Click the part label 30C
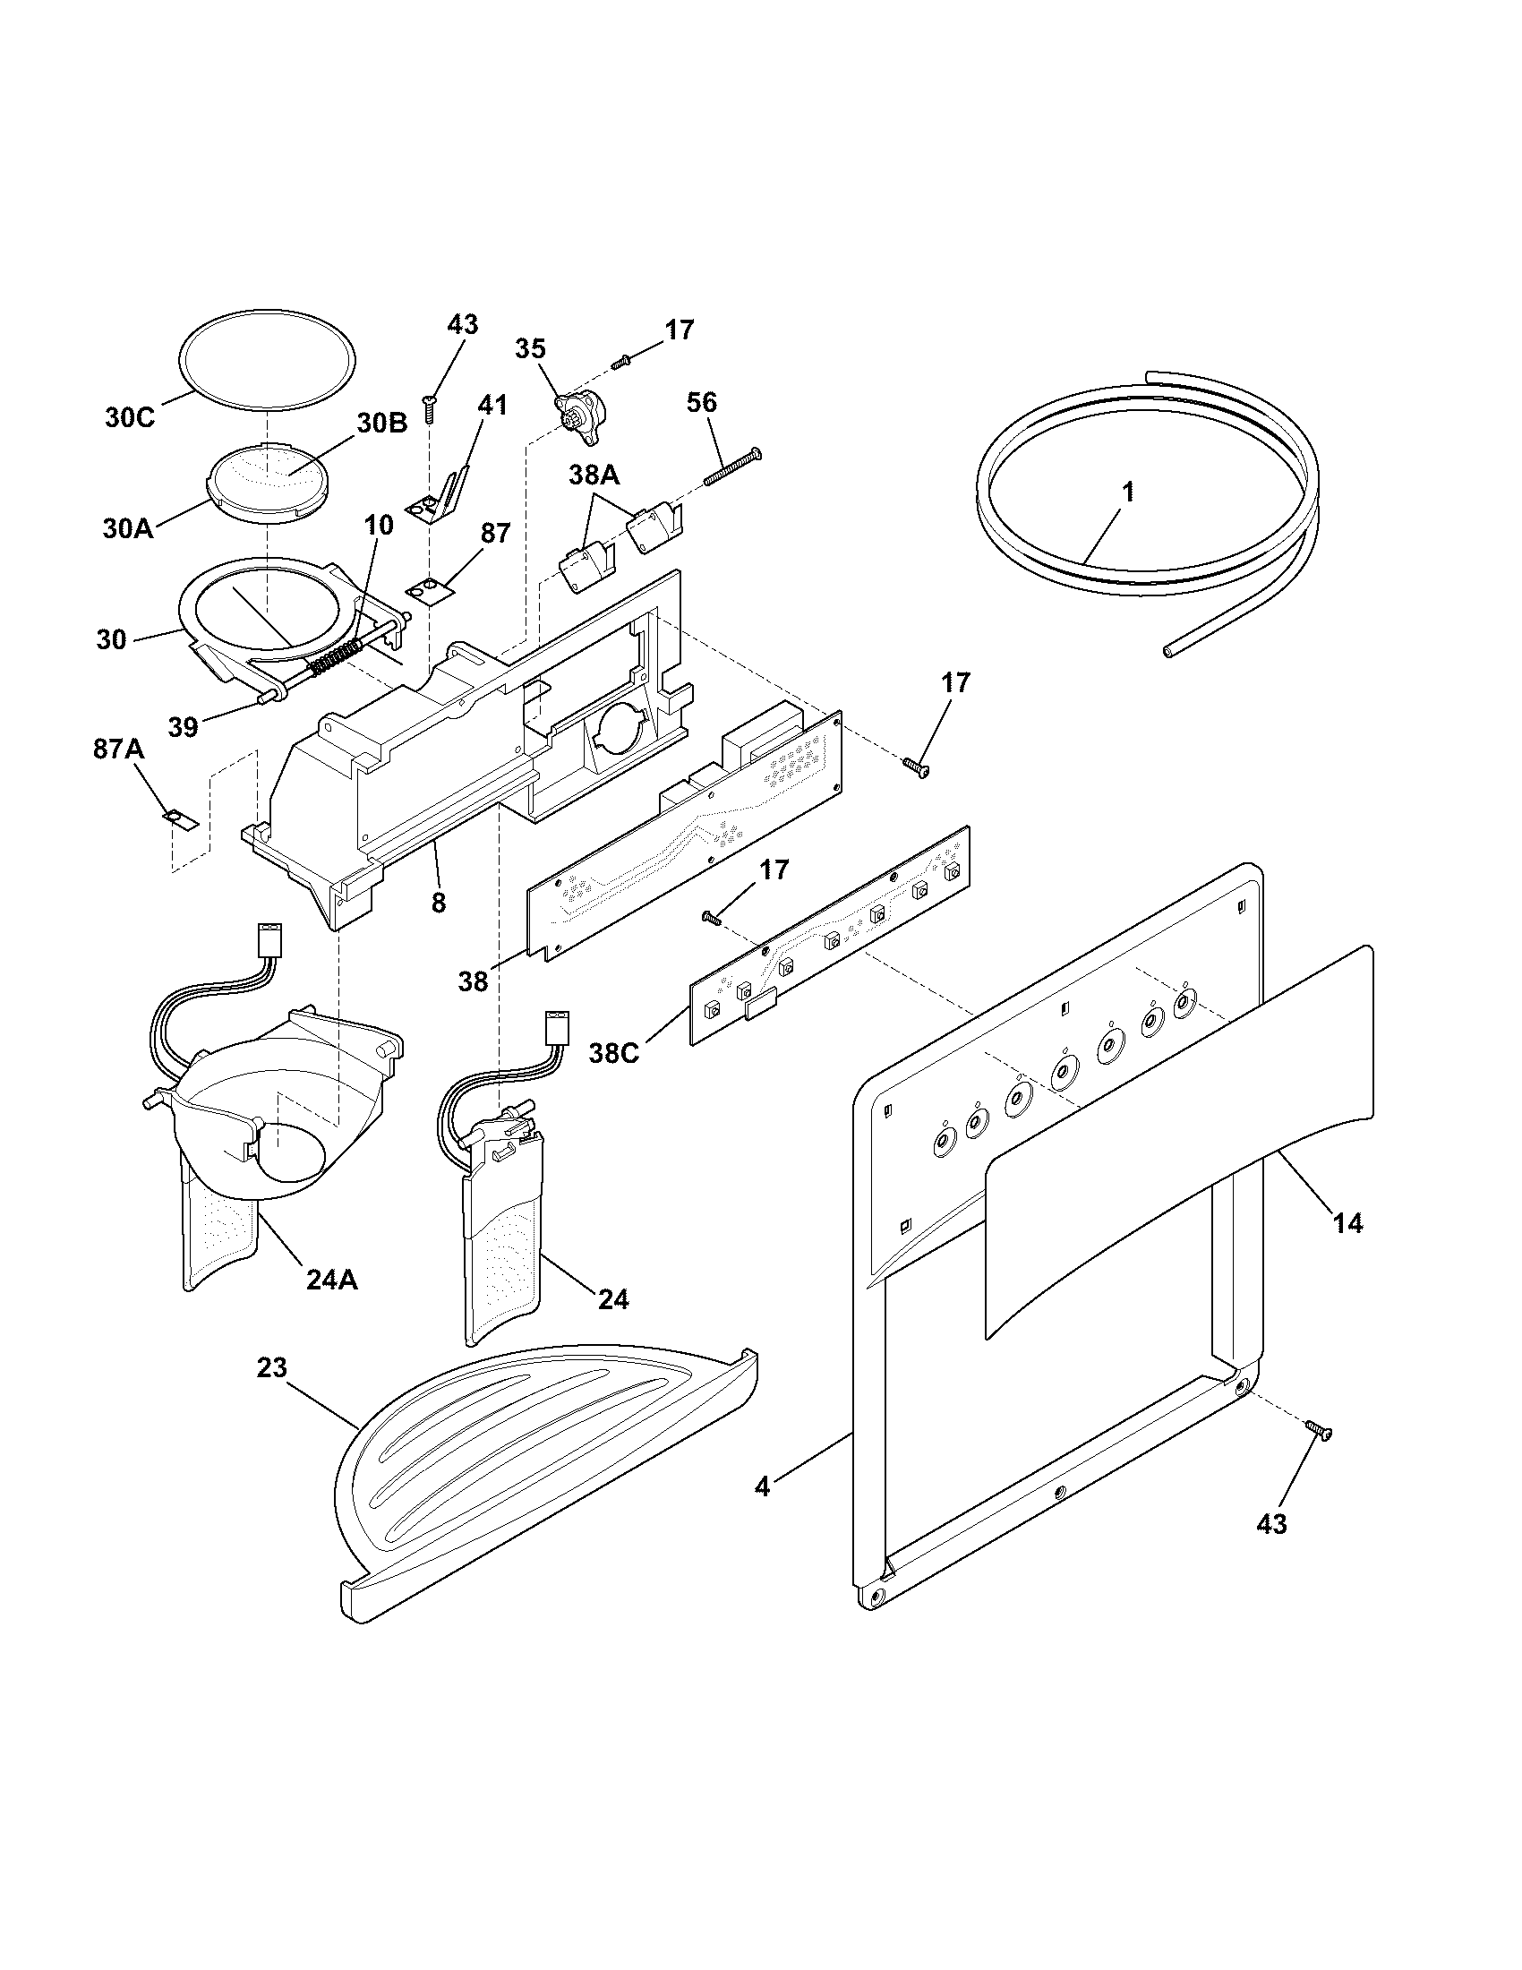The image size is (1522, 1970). (130, 417)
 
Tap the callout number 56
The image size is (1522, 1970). (702, 402)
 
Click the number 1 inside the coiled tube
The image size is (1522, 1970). (1127, 492)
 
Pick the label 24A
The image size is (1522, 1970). (332, 1280)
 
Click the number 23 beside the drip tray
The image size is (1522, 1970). (271, 1367)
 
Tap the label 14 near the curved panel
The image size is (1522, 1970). (1348, 1223)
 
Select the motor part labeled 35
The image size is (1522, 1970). (583, 418)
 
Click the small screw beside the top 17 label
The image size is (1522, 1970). (620, 363)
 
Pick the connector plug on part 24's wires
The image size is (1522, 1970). (554, 1026)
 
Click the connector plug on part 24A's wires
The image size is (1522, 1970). (269, 939)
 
